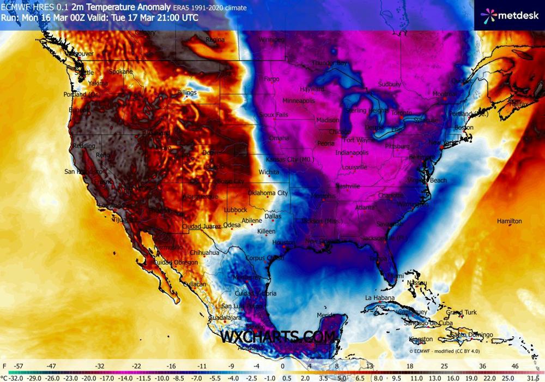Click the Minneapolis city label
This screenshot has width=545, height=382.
click(x=299, y=101)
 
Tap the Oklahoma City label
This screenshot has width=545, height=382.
click(x=268, y=193)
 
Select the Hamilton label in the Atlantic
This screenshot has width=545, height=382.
click(x=509, y=221)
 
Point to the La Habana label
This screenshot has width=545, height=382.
click(x=379, y=298)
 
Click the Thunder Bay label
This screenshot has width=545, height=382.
click(x=329, y=63)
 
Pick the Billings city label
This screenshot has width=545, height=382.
click(x=186, y=93)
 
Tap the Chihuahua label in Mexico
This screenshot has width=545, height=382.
click(x=204, y=253)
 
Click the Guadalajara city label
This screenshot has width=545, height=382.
click(x=224, y=318)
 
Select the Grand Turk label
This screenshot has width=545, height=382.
click(x=461, y=313)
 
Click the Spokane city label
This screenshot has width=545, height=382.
click(x=120, y=71)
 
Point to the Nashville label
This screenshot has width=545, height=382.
click(x=348, y=186)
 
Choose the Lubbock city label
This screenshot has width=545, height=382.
click(x=235, y=210)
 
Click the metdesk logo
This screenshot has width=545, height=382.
click(x=509, y=16)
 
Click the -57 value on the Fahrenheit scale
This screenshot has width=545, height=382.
click(x=19, y=366)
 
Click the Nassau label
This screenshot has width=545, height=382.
click(x=416, y=283)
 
